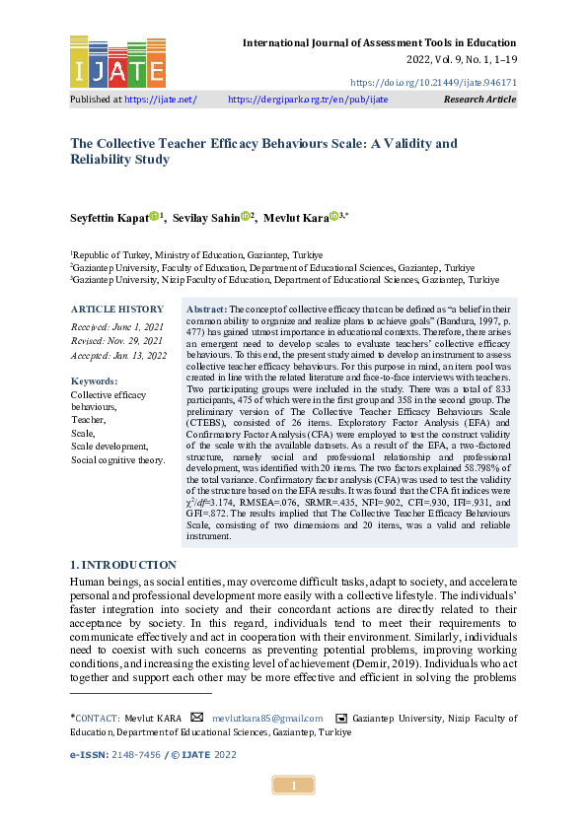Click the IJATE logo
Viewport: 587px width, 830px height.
[117, 61]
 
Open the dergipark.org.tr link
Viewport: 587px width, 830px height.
[308, 100]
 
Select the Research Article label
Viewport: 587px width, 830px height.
[479, 100]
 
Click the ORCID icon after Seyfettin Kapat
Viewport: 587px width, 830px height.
[155, 216]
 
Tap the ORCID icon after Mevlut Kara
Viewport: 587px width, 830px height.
[333, 216]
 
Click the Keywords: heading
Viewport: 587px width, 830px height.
[95, 380]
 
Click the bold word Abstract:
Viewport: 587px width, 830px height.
[206, 310]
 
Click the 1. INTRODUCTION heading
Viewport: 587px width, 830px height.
[123, 565]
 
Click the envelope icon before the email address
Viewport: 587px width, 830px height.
[197, 717]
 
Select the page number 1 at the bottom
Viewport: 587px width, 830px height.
[293, 786]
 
